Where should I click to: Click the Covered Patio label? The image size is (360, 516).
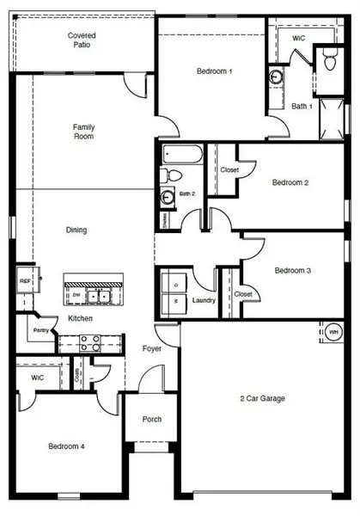[83, 39]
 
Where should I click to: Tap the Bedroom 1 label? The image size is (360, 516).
[214, 71]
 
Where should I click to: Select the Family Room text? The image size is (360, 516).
[83, 132]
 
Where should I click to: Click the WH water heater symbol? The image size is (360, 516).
[333, 332]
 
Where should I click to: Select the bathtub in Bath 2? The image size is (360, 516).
[183, 157]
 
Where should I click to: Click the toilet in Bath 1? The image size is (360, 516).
[329, 58]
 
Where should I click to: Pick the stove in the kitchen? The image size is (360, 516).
[90, 342]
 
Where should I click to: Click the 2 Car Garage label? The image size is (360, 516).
[262, 398]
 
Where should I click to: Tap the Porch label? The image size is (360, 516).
[152, 420]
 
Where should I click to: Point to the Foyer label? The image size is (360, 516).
[152, 348]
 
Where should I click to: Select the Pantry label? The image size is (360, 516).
[40, 329]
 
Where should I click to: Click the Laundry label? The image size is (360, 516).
[204, 300]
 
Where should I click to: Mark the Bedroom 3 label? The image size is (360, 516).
[291, 271]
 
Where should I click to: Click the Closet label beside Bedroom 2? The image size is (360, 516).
[229, 170]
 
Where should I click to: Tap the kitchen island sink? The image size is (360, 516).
[102, 296]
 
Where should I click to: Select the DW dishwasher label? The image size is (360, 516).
[76, 296]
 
